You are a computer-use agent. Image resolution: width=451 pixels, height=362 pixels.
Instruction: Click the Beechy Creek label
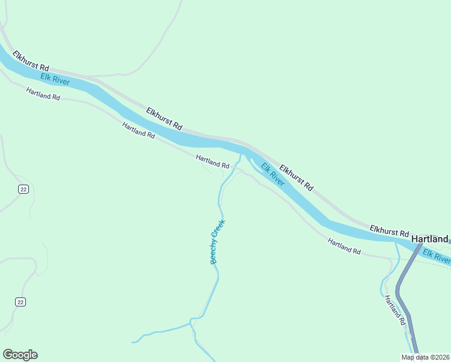(217, 242)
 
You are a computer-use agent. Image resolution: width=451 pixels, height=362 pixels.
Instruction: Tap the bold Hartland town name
(430, 239)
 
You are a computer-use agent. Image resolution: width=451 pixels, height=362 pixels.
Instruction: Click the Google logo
(20, 355)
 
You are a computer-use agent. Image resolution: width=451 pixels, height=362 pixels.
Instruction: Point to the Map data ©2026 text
(426, 357)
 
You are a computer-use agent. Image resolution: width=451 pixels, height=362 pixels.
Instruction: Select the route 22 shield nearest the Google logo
(21, 302)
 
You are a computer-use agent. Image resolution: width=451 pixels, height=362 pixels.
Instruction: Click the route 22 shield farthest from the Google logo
(23, 189)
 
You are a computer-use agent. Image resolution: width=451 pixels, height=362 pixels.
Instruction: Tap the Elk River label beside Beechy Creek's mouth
(273, 174)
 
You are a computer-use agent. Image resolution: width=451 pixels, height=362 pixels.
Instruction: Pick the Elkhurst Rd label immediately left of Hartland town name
(389, 231)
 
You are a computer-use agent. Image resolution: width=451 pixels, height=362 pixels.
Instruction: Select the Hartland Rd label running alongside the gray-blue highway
(394, 310)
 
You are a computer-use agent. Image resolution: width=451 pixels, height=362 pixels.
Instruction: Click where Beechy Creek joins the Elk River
(242, 155)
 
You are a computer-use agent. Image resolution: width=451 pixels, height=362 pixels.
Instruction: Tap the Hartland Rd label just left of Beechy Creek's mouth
(212, 161)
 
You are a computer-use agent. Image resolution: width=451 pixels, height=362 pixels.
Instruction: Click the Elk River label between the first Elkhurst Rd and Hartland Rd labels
(55, 79)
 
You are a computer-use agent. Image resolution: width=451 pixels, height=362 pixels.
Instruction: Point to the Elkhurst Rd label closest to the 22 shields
(30, 62)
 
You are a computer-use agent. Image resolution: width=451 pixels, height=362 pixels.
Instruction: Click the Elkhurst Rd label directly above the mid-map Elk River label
(295, 176)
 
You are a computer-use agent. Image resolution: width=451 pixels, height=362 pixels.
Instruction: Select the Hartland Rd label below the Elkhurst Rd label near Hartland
(344, 246)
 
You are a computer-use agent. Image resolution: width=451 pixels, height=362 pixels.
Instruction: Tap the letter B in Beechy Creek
(213, 261)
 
